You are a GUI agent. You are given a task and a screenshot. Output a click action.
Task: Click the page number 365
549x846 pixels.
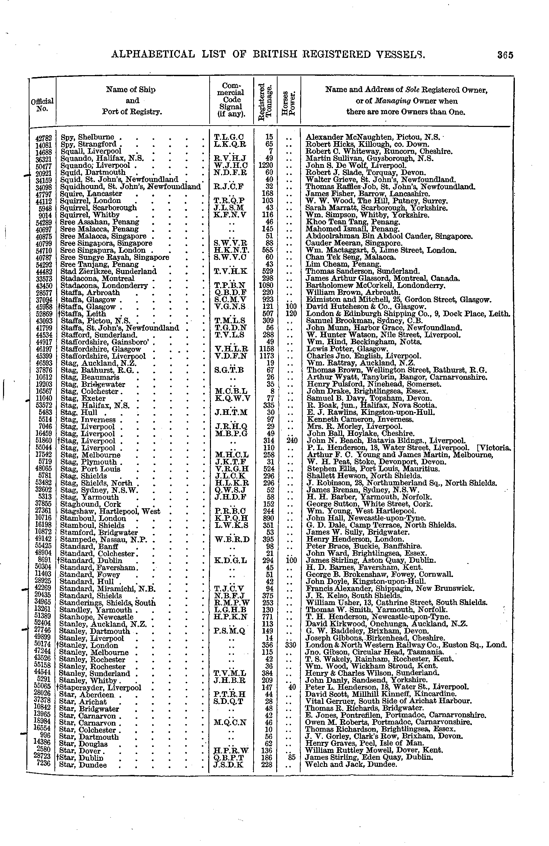(505, 55)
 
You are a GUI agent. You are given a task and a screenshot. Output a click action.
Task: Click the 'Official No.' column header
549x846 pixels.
(42, 105)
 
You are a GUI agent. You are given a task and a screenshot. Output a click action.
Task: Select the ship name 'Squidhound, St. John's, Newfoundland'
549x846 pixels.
(130, 186)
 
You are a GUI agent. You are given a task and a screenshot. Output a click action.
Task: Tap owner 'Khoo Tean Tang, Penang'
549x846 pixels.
(353, 222)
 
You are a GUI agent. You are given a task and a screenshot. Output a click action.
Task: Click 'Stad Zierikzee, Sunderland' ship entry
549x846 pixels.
(109, 271)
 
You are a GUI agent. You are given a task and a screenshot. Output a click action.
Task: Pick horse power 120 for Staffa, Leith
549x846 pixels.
(289, 313)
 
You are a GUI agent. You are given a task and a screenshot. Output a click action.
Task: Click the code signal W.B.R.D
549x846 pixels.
(232, 539)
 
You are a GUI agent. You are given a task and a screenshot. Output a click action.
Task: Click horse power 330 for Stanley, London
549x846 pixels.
(289, 645)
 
